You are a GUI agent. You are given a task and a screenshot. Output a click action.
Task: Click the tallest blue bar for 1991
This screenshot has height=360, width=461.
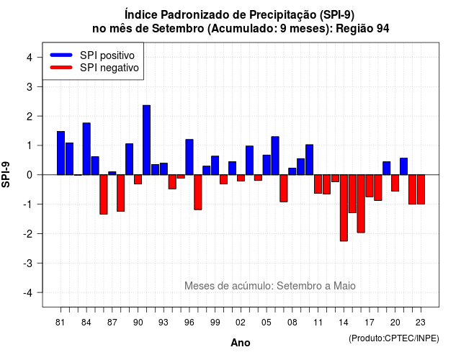(146, 140)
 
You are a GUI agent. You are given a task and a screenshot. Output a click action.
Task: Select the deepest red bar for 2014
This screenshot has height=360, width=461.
(344, 208)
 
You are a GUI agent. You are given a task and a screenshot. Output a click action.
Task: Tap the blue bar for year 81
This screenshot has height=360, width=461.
(61, 153)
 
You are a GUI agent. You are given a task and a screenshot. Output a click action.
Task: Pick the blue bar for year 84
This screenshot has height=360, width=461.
(86, 149)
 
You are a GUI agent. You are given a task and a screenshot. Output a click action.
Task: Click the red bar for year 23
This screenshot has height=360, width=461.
(421, 189)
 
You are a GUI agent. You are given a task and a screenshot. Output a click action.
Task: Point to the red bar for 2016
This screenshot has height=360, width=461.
(361, 204)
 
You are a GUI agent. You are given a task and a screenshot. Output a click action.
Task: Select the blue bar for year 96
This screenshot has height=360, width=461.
(189, 157)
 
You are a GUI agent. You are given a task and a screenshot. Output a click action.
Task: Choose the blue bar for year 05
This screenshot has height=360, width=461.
(267, 165)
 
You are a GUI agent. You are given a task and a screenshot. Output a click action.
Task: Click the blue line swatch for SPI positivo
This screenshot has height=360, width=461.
(61, 55)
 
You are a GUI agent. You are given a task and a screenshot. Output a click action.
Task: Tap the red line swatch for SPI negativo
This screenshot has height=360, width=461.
(61, 67)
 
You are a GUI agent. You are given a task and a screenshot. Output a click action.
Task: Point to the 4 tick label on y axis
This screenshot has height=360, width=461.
(30, 58)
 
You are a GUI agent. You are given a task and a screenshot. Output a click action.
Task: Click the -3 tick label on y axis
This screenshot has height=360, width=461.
(27, 263)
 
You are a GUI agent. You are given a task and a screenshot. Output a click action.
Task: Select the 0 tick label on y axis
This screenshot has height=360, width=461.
(30, 175)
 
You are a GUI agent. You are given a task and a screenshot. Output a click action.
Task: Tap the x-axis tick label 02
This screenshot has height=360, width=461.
(241, 323)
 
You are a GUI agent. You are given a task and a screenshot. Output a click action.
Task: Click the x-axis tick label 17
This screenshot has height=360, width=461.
(370, 323)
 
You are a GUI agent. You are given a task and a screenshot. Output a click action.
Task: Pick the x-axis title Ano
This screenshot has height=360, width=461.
(241, 343)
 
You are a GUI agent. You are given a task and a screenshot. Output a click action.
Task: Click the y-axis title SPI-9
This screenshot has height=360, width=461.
(6, 174)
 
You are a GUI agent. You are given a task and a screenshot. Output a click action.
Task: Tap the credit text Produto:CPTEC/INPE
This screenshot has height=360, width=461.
(394, 338)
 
